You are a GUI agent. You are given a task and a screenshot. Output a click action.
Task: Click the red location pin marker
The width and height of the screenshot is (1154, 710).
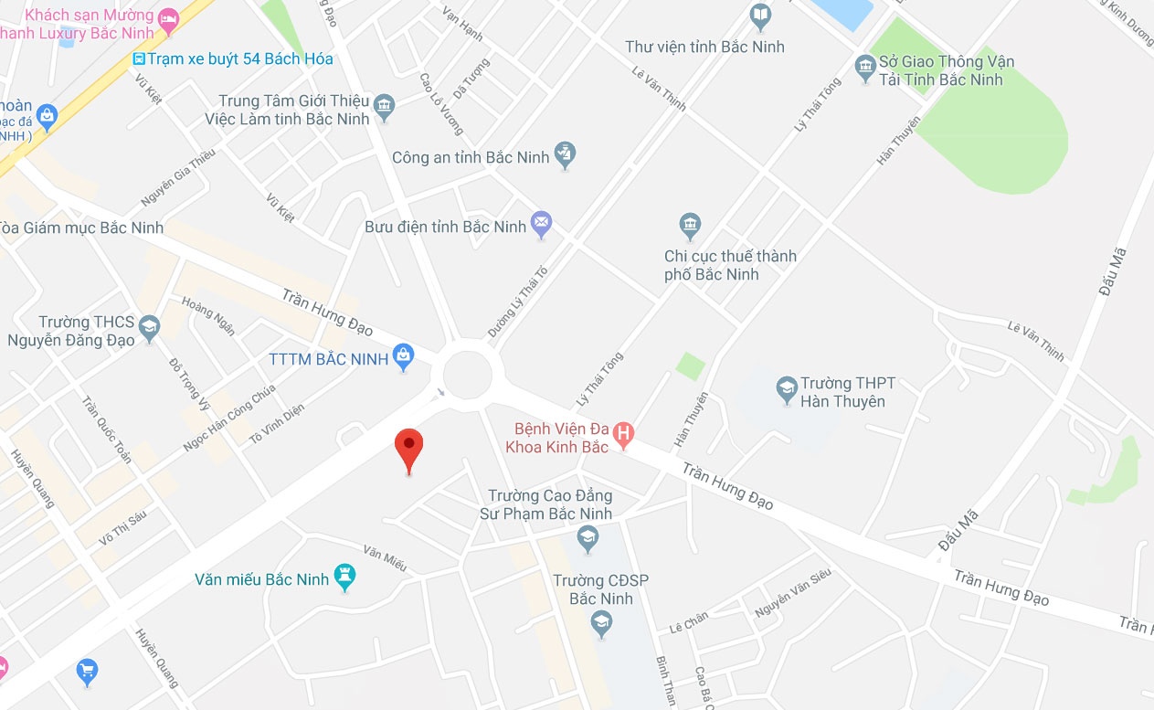[x=408, y=448]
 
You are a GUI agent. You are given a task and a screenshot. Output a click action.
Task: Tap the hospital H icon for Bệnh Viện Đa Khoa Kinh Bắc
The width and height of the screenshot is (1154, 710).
[x=623, y=435]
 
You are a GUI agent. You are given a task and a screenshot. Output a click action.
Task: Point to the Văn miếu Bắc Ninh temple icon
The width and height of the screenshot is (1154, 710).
[x=344, y=577]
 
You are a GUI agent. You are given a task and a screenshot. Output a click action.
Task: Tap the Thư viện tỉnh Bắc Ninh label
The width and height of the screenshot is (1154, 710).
[x=704, y=47]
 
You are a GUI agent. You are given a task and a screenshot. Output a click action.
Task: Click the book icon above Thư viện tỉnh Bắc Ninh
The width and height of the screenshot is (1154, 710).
[x=760, y=16]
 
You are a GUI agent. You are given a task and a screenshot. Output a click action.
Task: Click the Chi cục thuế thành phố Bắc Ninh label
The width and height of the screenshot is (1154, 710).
[x=730, y=265]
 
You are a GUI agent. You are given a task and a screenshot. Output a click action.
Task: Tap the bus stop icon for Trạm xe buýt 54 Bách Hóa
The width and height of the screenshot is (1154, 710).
[x=139, y=59]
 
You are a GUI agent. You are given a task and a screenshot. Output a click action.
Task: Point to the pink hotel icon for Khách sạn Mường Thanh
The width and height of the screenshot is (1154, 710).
[x=168, y=19]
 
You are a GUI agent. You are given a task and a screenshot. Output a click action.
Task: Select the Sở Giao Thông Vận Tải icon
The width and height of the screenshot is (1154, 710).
[x=864, y=68]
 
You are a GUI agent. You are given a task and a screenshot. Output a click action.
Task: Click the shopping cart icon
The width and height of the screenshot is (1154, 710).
[x=88, y=671]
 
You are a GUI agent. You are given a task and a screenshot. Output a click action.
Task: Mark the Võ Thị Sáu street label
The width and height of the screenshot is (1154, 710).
[x=122, y=527]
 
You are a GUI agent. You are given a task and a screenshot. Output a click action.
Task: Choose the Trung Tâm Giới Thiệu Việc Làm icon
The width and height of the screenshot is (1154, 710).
[x=385, y=106]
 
